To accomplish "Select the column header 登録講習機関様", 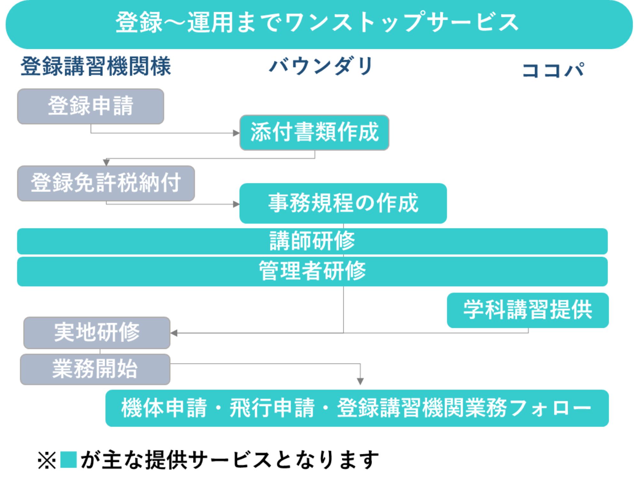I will coord(96,66).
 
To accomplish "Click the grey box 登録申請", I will coord(90,106).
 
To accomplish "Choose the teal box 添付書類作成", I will coord(314,132).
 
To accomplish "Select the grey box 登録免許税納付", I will coord(106,183).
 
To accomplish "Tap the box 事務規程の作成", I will coord(343,203).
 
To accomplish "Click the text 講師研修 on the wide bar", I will coord(312,241).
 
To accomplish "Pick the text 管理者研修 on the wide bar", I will coord(312,271).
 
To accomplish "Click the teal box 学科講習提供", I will coord(528,310).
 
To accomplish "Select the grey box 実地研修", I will coord(97,333).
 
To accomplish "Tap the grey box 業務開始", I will coord(95,369).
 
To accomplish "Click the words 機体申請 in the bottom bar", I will coord(164,408).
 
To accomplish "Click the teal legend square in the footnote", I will coord(68,460).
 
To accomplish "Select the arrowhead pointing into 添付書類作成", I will coord(236,133).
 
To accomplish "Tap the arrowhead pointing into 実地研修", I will coord(174,333).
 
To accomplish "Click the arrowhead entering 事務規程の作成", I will coord(236,204).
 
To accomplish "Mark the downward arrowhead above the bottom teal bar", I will coord(360,381).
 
